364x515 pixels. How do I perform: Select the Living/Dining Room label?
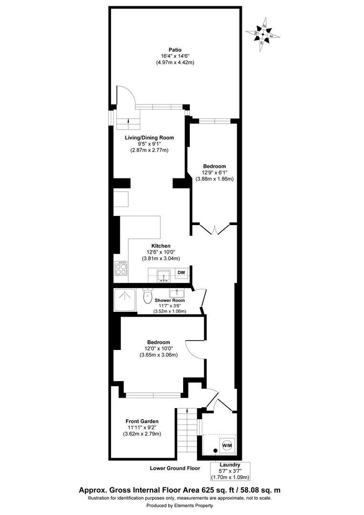[x=149, y=137]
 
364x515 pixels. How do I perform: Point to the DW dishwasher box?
[x=181, y=273]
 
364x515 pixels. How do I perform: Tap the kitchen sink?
[x=164, y=275]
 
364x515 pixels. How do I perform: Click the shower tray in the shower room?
[x=125, y=299]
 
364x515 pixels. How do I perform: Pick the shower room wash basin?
[x=180, y=292]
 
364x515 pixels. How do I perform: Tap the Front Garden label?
[x=142, y=421]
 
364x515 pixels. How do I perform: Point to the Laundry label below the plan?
[x=230, y=464]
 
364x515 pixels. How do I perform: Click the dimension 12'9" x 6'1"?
[x=214, y=173]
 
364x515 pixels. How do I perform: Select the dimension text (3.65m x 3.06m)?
[x=158, y=355]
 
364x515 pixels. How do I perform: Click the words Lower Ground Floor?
[x=175, y=468]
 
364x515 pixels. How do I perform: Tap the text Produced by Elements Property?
[x=179, y=506]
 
